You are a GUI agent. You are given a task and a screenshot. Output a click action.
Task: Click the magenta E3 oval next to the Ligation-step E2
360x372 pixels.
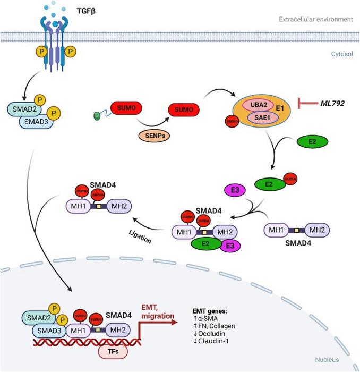(229, 247)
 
